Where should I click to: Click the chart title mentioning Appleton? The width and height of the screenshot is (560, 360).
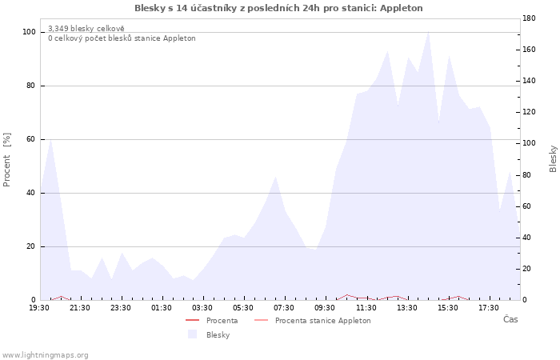coord(278,8)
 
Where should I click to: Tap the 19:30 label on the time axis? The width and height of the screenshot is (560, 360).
coord(39,308)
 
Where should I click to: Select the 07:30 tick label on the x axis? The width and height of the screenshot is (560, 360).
coord(284,308)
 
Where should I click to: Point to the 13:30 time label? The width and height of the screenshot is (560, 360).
coord(407,308)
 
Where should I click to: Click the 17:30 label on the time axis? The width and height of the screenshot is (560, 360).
coord(489,308)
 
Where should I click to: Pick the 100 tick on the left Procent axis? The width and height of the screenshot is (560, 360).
coord(29,32)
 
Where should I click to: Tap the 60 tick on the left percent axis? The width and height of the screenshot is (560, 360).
coord(30,139)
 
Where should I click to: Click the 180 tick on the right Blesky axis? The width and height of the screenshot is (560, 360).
coord(529,18)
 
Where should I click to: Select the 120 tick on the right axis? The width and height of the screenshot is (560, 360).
coord(529,112)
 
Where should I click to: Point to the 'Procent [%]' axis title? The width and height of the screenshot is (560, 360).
coord(6,160)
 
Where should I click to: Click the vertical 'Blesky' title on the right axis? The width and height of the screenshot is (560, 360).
coord(553,159)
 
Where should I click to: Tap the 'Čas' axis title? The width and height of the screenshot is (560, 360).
coord(510,319)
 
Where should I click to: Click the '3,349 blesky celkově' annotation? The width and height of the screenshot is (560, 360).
coord(86,29)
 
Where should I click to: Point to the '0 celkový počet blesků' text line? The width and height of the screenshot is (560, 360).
coord(122,38)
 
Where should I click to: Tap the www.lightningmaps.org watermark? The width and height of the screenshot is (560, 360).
coord(45,355)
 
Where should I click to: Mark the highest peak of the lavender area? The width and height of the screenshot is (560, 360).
coord(428,32)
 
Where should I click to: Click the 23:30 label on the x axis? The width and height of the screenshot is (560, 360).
coord(121,308)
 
